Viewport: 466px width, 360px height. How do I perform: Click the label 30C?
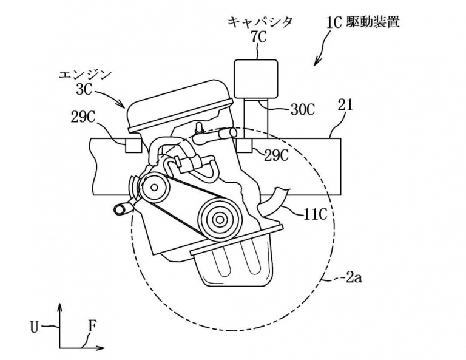tap(303, 109)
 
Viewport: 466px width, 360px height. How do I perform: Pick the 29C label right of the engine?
tap(275, 155)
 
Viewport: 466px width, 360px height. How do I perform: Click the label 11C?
tap(316, 214)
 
